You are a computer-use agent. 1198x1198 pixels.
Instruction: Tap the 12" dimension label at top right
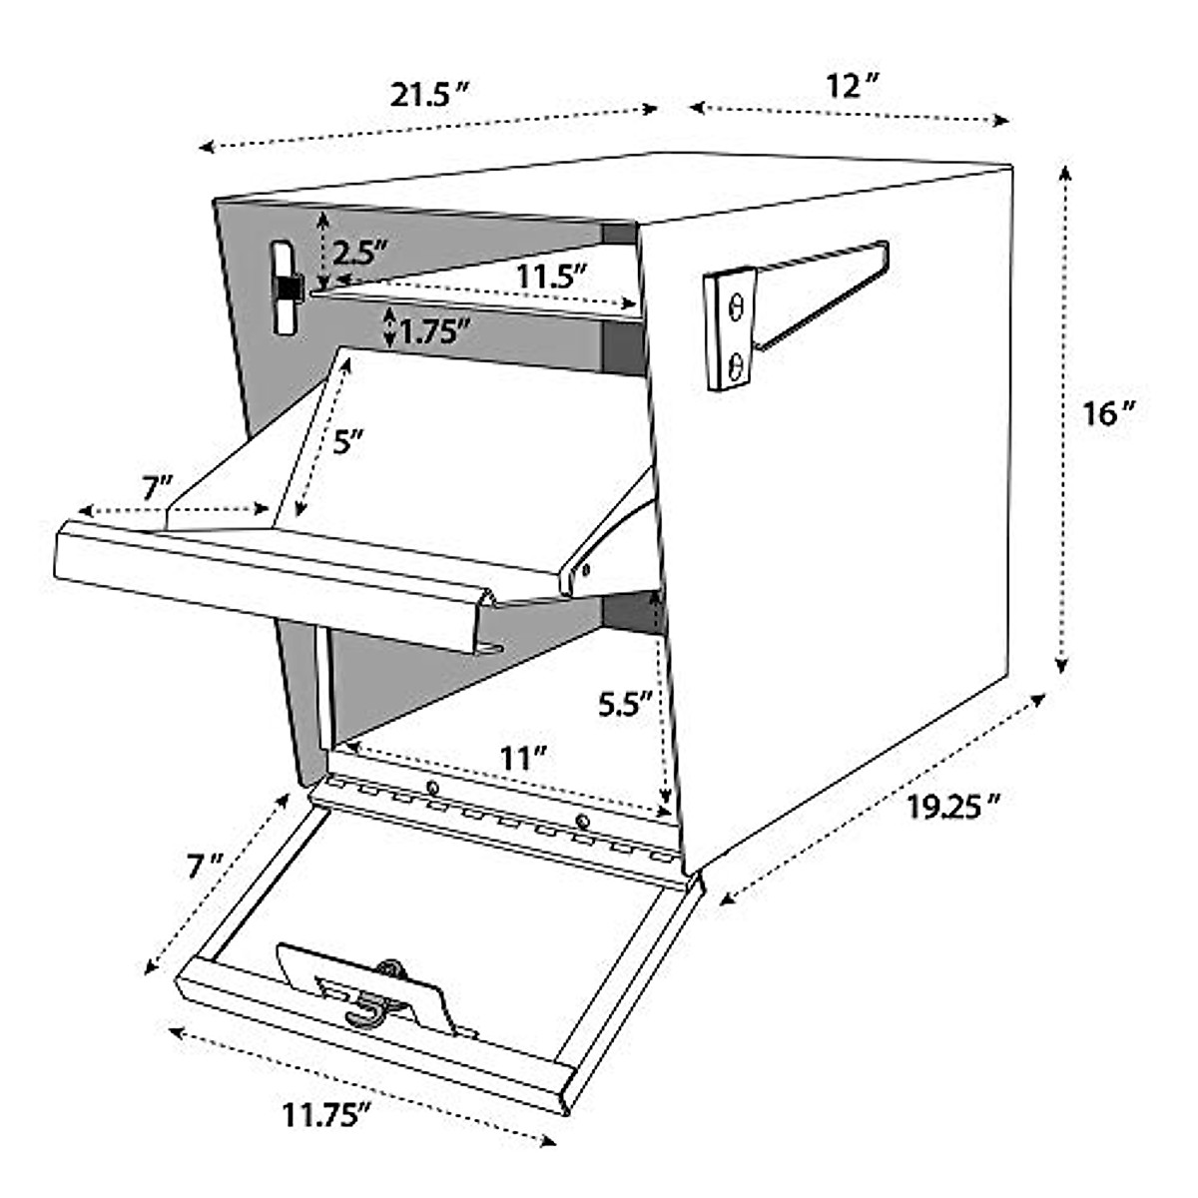(x=851, y=86)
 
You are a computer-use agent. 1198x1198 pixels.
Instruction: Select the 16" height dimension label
(x=1110, y=412)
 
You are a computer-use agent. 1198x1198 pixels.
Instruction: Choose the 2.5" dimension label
(x=358, y=253)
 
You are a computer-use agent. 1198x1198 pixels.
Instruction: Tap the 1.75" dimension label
(x=434, y=330)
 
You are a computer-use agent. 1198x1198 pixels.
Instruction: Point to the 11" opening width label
(x=519, y=758)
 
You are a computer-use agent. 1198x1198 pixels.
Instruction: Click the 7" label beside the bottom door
(x=204, y=865)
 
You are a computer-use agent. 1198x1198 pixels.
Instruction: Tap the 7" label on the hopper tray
(x=157, y=488)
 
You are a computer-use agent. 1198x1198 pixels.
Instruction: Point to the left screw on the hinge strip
(x=431, y=789)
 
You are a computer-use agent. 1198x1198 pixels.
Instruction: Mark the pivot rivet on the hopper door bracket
(x=585, y=570)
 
